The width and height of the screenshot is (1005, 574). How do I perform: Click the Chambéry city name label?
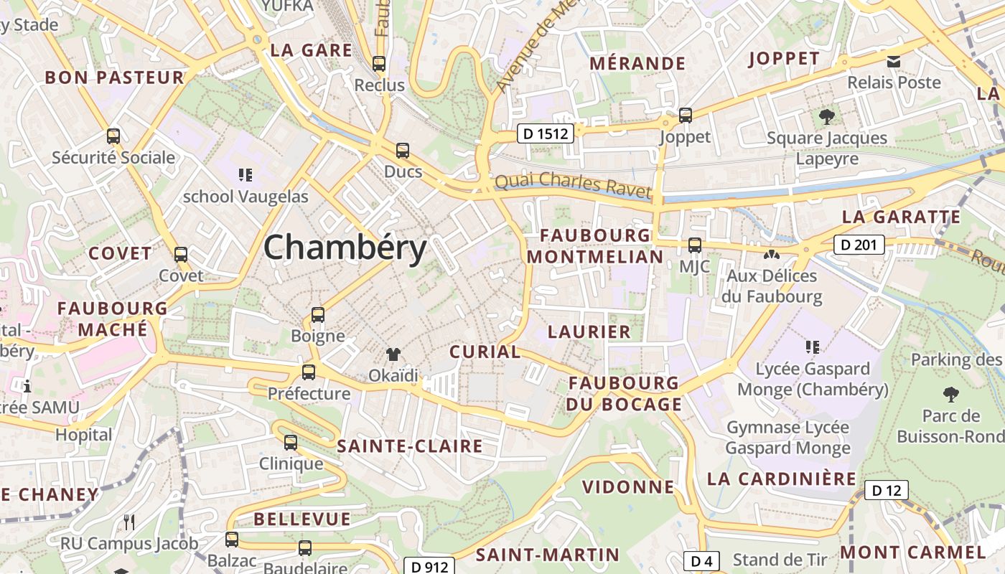(x=345, y=248)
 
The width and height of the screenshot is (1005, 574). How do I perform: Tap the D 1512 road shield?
(x=546, y=133)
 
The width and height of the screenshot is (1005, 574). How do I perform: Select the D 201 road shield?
(x=859, y=245)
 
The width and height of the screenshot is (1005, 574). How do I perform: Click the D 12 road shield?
(x=886, y=490)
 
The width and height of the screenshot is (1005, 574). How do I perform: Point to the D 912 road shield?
(x=430, y=567)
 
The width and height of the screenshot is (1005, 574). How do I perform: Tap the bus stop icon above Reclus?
(x=379, y=63)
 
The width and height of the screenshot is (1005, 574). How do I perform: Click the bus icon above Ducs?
(x=403, y=151)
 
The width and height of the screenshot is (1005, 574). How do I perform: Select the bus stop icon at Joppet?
(x=686, y=115)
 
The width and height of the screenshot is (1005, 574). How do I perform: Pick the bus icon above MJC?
(x=694, y=245)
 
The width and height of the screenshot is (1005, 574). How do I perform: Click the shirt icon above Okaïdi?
(x=393, y=354)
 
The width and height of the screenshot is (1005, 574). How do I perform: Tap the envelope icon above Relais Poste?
(x=894, y=62)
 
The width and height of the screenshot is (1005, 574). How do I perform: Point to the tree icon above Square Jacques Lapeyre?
(x=827, y=116)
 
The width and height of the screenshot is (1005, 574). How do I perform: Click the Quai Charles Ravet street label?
(x=573, y=185)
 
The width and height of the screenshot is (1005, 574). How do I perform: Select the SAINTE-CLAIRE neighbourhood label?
(x=410, y=446)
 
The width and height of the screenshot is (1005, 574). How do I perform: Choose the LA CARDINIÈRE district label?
(x=782, y=479)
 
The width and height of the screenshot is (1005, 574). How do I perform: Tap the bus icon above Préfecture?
(x=309, y=372)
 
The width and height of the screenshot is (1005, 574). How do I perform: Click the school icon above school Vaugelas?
(x=246, y=174)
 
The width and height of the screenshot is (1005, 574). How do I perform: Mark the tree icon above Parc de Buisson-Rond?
(x=951, y=394)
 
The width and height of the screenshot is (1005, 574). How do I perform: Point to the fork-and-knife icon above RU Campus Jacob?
(x=129, y=522)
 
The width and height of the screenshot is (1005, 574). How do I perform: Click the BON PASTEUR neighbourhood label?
(x=115, y=77)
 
